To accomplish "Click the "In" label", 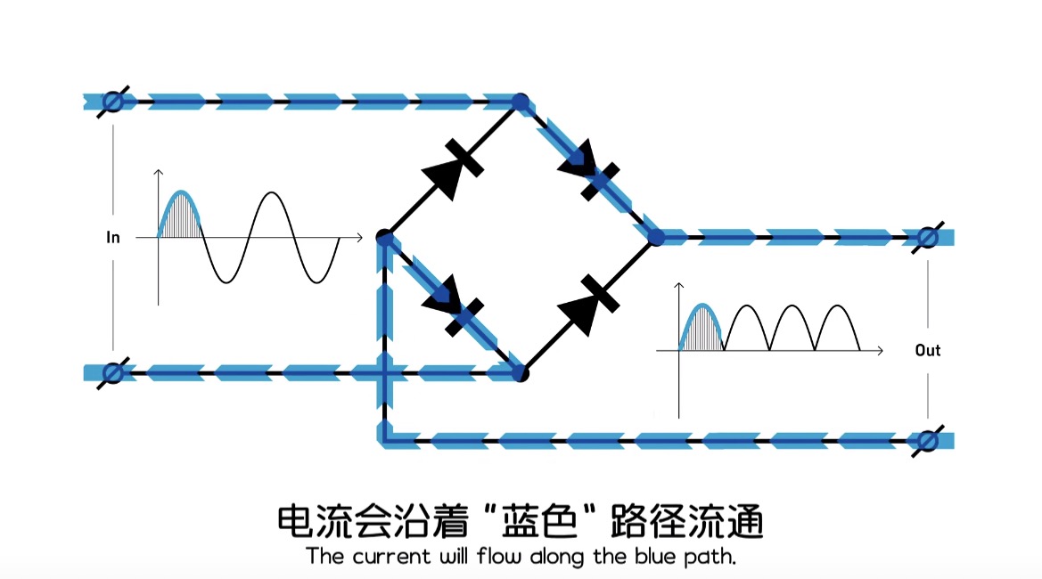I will pos(113,238).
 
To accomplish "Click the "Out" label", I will pos(928,350).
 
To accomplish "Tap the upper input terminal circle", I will pos(112,102).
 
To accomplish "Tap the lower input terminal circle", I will pos(112,372).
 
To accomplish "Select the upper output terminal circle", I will pos(927,238).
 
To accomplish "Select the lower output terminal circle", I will pos(927,440).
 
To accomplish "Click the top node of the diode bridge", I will pos(521,102).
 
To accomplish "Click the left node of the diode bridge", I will pos(385,238).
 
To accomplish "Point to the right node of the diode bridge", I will pos(657,238).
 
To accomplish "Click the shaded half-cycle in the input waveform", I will pos(181,218).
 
